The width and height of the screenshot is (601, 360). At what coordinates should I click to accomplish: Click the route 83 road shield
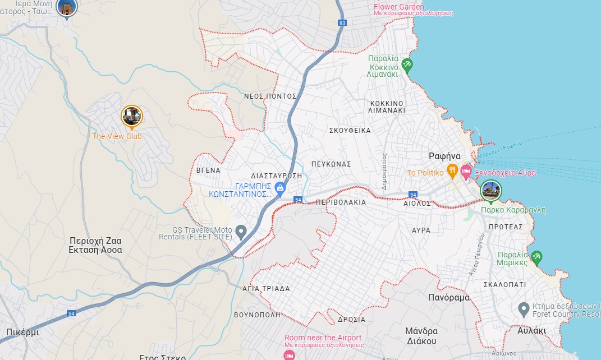tap(342, 23)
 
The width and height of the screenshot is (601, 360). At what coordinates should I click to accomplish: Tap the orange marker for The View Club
tap(132, 117)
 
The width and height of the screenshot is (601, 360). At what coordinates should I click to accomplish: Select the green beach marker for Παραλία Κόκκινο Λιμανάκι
tap(407, 65)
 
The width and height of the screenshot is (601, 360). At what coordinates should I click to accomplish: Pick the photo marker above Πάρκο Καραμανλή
tap(491, 191)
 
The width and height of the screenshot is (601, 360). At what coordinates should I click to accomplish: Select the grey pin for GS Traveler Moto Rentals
tap(241, 231)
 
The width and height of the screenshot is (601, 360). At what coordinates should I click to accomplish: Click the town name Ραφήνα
tap(444, 156)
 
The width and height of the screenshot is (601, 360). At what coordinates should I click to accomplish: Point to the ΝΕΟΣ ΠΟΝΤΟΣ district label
tap(270, 96)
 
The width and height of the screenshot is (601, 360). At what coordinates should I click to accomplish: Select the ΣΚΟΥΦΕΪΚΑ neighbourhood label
tap(350, 131)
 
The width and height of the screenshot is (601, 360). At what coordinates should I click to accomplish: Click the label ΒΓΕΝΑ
tap(209, 170)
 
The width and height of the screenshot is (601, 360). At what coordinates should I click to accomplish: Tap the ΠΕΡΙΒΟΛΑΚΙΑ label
tap(341, 202)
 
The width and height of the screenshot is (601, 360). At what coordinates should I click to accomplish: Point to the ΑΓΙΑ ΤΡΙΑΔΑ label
tap(266, 289)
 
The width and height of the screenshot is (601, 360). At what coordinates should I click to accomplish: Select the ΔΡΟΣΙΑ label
tap(352, 320)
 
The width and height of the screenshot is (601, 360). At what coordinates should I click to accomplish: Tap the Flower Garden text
tap(399, 7)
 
